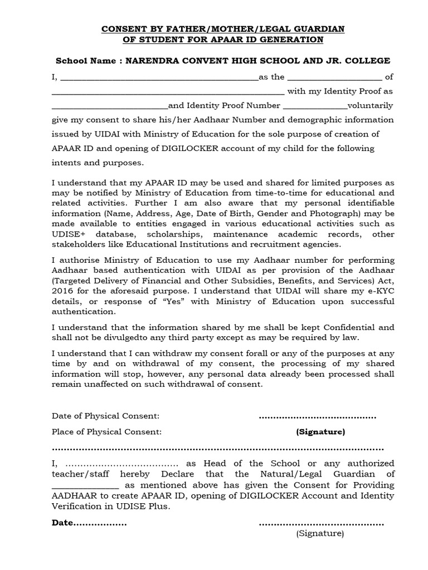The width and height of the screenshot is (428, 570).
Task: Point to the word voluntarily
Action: coord(370,105)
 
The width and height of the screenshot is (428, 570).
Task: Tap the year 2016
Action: coord(61,291)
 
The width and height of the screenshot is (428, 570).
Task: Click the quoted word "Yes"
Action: coord(169,302)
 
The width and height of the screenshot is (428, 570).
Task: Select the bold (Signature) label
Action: coord(320,432)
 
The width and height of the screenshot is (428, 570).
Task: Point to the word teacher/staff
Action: coord(79,474)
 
